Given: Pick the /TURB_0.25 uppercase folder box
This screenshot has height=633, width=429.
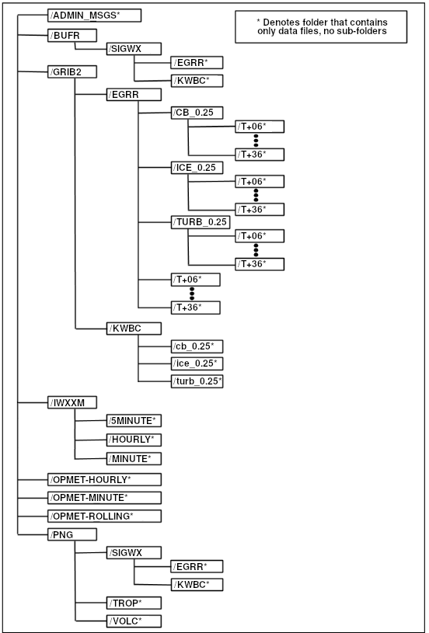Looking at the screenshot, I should tap(201, 221).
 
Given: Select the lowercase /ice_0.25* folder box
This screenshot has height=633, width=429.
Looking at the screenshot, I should tap(197, 363).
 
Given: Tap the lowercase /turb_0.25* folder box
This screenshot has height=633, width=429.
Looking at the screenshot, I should tap(197, 381).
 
